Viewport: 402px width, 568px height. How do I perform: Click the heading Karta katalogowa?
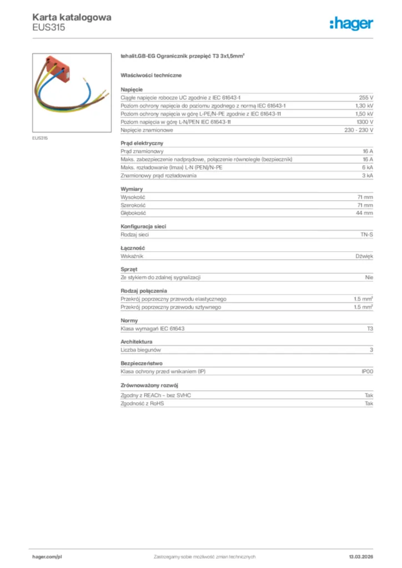click(x=72, y=17)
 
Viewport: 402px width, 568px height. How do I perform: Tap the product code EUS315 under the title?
click(x=49, y=28)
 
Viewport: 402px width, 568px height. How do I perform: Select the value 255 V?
click(x=366, y=97)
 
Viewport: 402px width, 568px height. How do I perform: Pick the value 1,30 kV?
click(x=364, y=105)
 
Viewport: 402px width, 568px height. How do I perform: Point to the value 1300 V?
click(x=364, y=121)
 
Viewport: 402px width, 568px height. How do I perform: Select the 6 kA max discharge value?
click(x=368, y=168)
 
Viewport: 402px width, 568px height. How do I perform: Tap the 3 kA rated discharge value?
click(x=368, y=176)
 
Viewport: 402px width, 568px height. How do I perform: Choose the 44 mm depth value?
click(x=364, y=213)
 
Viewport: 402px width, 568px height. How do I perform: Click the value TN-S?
click(x=366, y=235)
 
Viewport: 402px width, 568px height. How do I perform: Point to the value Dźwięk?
click(x=364, y=256)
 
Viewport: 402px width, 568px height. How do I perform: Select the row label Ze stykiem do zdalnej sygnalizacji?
click(x=160, y=277)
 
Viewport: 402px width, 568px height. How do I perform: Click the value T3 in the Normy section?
click(x=370, y=329)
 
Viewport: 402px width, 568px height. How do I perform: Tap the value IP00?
click(x=367, y=372)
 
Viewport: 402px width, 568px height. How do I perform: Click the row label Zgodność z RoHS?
click(x=142, y=403)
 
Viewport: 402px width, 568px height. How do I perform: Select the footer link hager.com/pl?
click(x=47, y=556)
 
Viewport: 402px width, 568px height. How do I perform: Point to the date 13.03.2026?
click(x=357, y=556)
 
